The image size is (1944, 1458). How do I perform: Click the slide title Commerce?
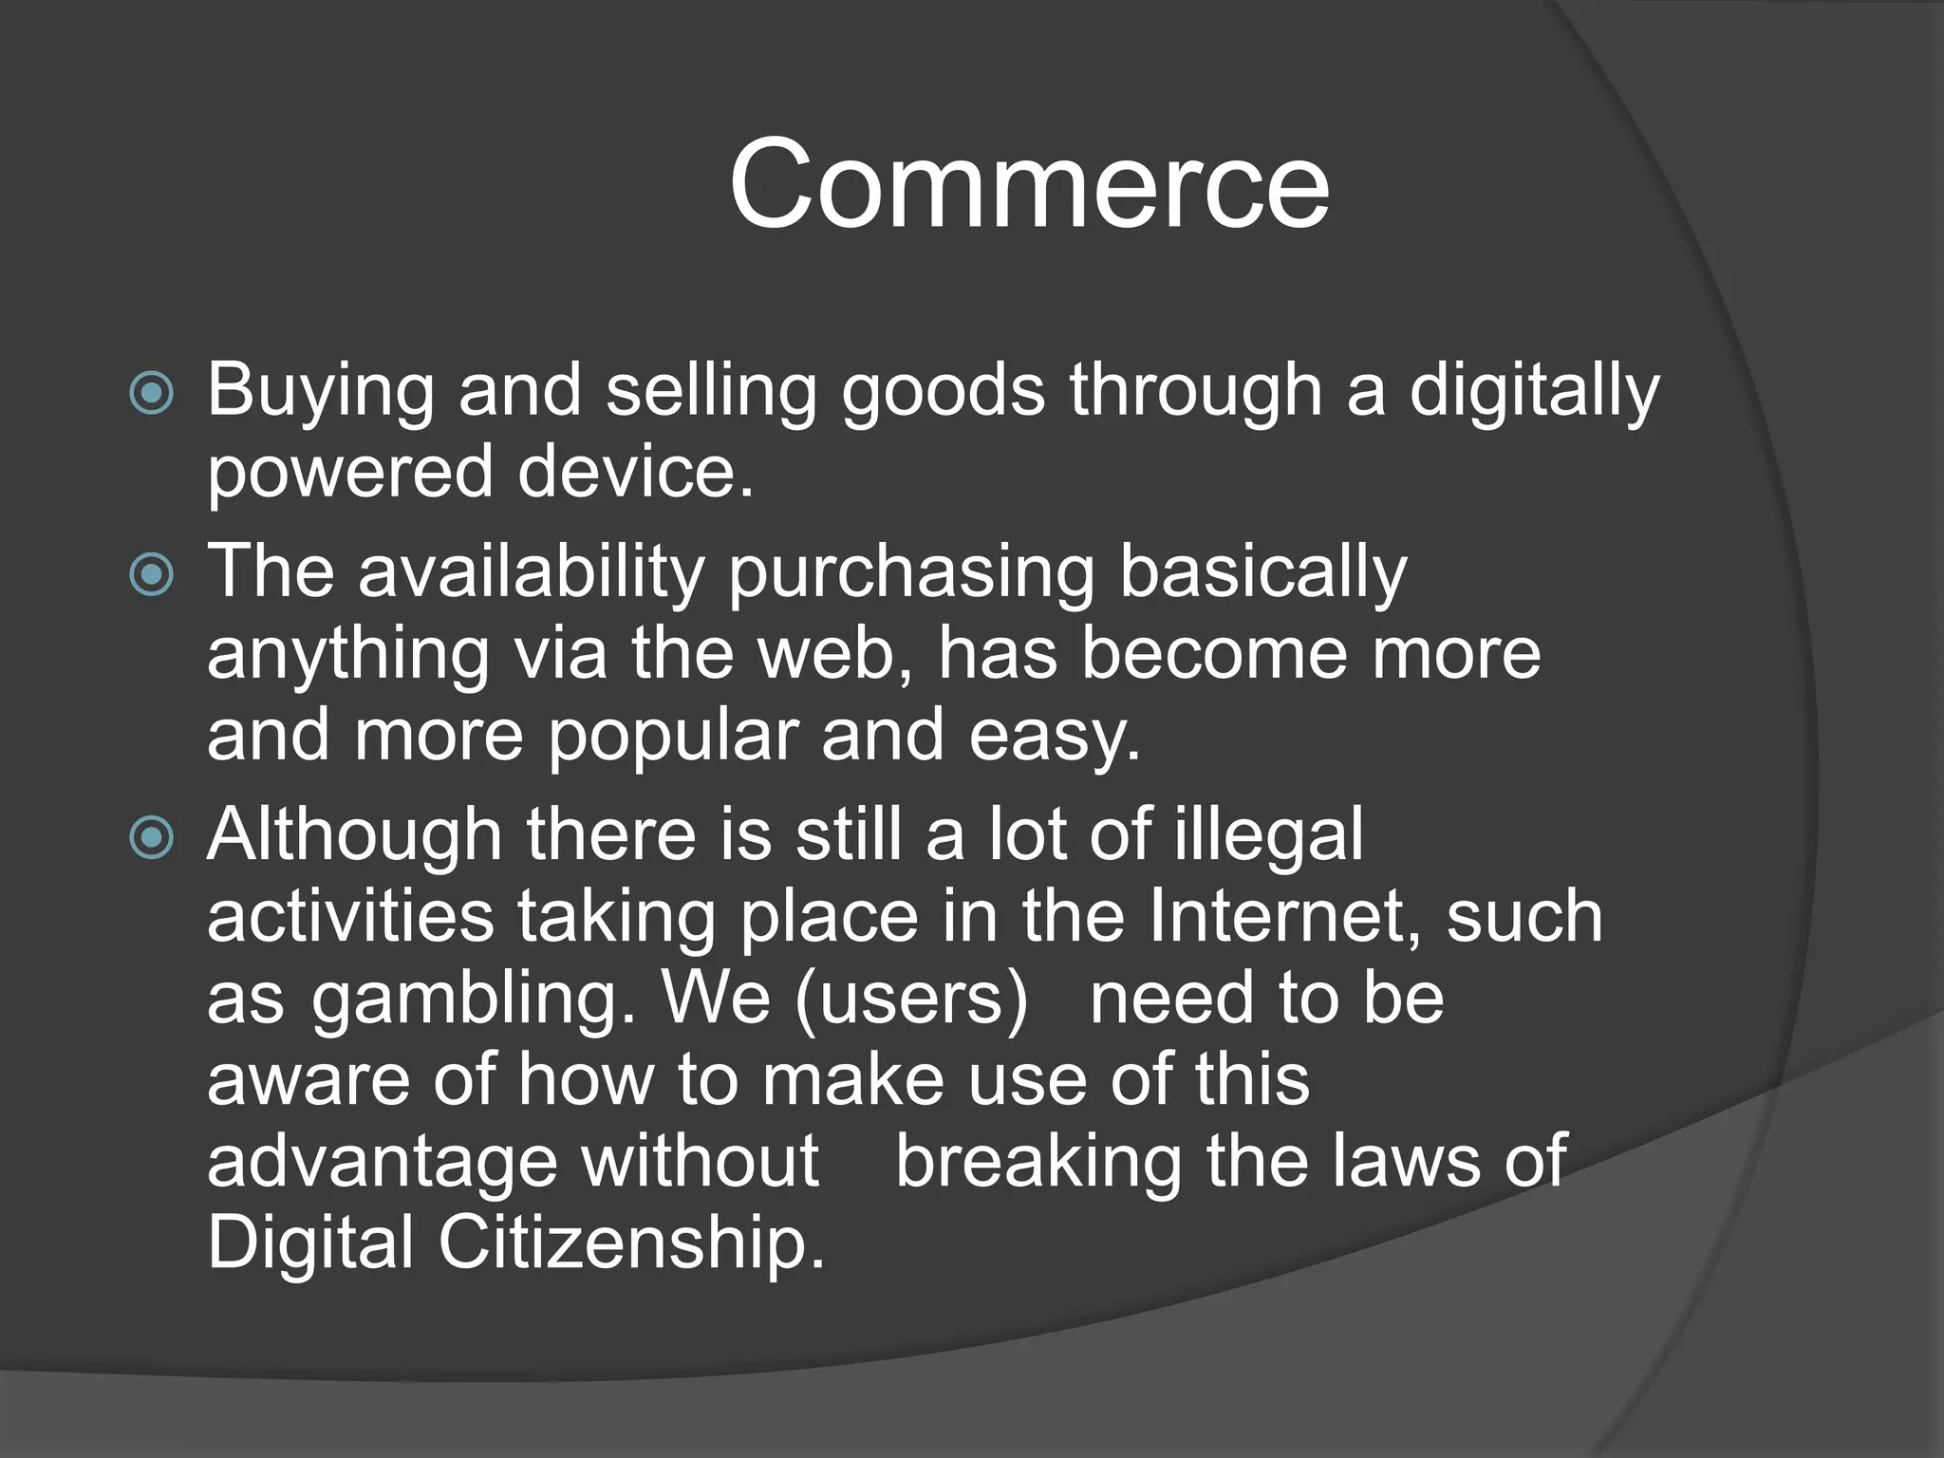tap(1029, 184)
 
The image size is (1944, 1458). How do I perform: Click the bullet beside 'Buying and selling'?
tap(152, 393)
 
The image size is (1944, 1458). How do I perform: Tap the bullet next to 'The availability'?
tap(152, 573)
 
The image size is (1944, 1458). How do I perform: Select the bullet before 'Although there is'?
tap(152, 837)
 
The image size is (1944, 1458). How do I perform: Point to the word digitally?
tap(1534, 391)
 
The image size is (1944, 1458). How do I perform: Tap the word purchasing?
tap(911, 573)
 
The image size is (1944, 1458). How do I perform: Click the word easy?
tap(1054, 737)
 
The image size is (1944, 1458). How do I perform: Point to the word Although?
tap(354, 835)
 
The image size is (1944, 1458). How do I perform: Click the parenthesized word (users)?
tap(911, 999)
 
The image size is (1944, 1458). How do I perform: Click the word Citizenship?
tap(630, 1243)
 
